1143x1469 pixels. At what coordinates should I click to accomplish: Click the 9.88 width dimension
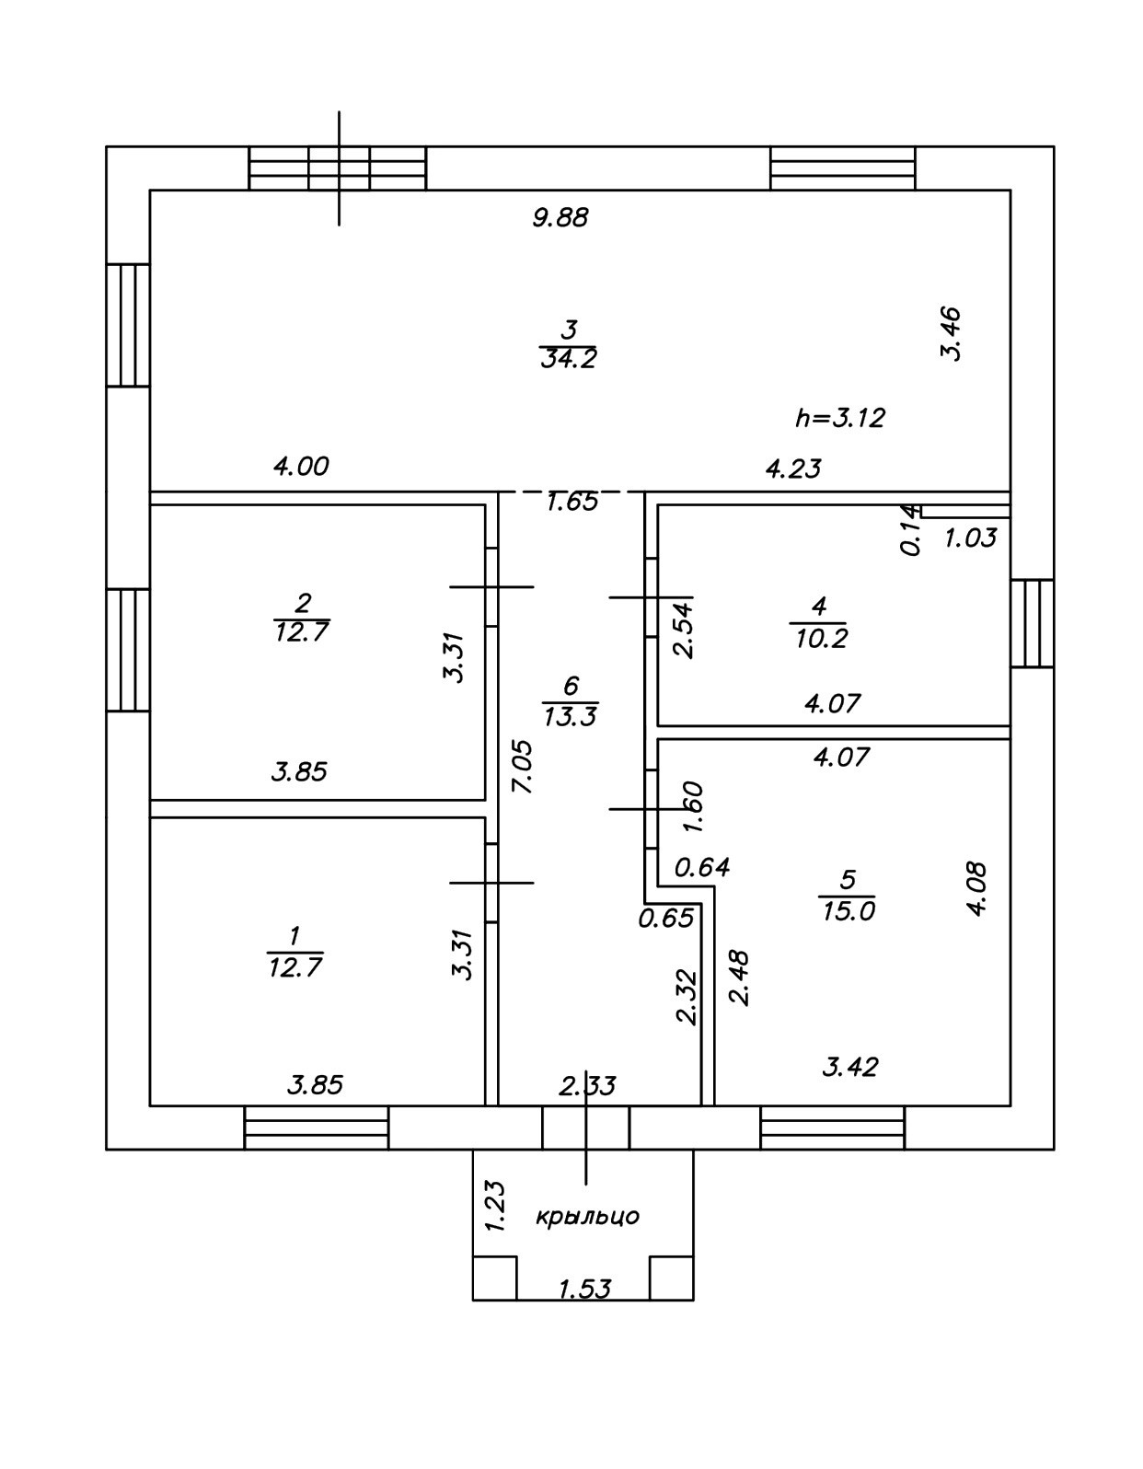click(560, 218)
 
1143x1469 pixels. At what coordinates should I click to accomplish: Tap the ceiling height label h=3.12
click(839, 419)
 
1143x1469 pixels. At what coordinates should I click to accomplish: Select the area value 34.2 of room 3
click(568, 358)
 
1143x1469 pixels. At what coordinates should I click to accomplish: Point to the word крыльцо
click(587, 1217)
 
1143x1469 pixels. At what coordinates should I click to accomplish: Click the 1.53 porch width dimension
click(584, 1289)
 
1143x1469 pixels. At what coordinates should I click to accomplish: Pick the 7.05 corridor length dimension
click(523, 766)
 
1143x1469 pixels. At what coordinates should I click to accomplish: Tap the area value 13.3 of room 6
click(571, 716)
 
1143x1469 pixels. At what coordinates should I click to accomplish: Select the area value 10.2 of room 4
click(819, 638)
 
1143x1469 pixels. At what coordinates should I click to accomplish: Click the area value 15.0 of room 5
click(848, 911)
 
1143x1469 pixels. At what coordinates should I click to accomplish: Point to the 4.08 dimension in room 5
click(976, 887)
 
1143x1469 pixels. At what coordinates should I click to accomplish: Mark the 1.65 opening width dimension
click(571, 502)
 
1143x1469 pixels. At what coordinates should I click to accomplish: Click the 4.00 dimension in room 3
click(301, 467)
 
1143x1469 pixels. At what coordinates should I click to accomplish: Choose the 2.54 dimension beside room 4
click(683, 628)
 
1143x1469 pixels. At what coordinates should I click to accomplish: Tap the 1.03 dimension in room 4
click(970, 538)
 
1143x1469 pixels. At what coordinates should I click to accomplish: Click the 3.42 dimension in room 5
click(849, 1068)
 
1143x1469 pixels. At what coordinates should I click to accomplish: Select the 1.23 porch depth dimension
click(495, 1206)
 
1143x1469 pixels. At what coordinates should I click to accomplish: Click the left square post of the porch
click(494, 1278)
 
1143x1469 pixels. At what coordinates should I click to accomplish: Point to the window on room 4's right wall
click(1033, 622)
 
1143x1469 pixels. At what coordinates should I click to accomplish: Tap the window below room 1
click(317, 1128)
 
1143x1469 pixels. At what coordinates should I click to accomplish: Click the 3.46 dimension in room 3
click(951, 333)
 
